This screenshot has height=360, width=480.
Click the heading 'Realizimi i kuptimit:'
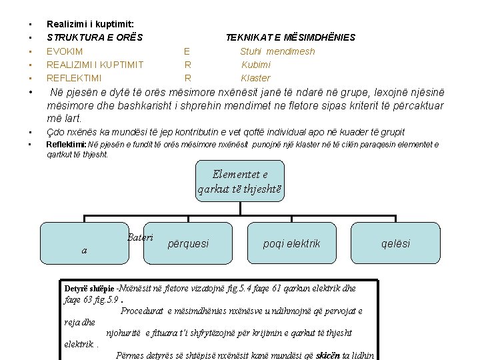90,23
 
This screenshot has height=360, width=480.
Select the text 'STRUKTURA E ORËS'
94,37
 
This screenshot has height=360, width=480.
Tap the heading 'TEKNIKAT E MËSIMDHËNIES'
290,37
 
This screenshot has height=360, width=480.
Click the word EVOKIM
65,51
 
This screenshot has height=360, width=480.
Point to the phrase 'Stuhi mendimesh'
277,51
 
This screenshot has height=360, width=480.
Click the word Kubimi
256,65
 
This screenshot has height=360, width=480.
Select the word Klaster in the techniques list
255,78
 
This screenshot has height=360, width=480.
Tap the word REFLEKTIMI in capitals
74,78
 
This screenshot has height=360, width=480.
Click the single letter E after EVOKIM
187,51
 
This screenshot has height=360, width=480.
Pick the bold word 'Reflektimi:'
66,144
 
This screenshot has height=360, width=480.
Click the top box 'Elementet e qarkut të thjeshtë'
240,181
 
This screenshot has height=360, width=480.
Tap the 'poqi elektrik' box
291,243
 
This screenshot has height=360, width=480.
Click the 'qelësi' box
395,243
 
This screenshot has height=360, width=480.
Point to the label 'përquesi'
189,243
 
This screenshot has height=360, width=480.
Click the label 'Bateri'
139,237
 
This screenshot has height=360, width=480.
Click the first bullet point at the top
24,23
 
